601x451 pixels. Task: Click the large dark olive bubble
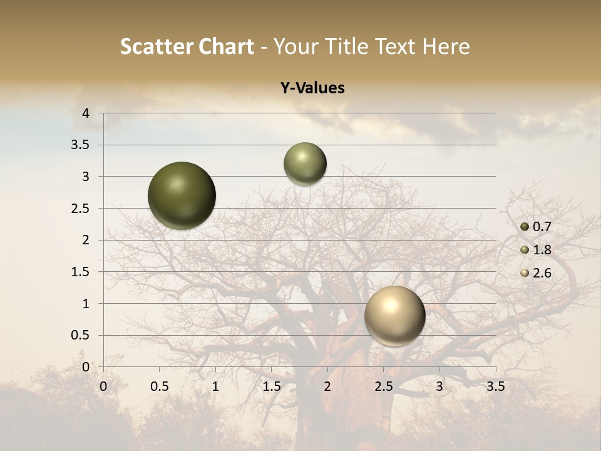tap(182, 195)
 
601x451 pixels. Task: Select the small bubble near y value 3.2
tap(305, 163)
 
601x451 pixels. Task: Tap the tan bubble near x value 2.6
tap(394, 316)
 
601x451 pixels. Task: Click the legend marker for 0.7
tap(525, 227)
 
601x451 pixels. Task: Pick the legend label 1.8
tap(542, 250)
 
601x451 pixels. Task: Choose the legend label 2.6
tap(542, 273)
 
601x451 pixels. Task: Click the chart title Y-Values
tap(312, 88)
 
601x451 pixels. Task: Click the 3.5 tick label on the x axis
tap(495, 386)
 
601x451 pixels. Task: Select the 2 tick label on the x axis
tap(327, 386)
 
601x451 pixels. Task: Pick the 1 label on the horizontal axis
tap(215, 386)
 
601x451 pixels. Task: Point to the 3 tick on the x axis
tap(439, 386)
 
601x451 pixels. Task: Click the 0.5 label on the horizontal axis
tap(160, 386)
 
